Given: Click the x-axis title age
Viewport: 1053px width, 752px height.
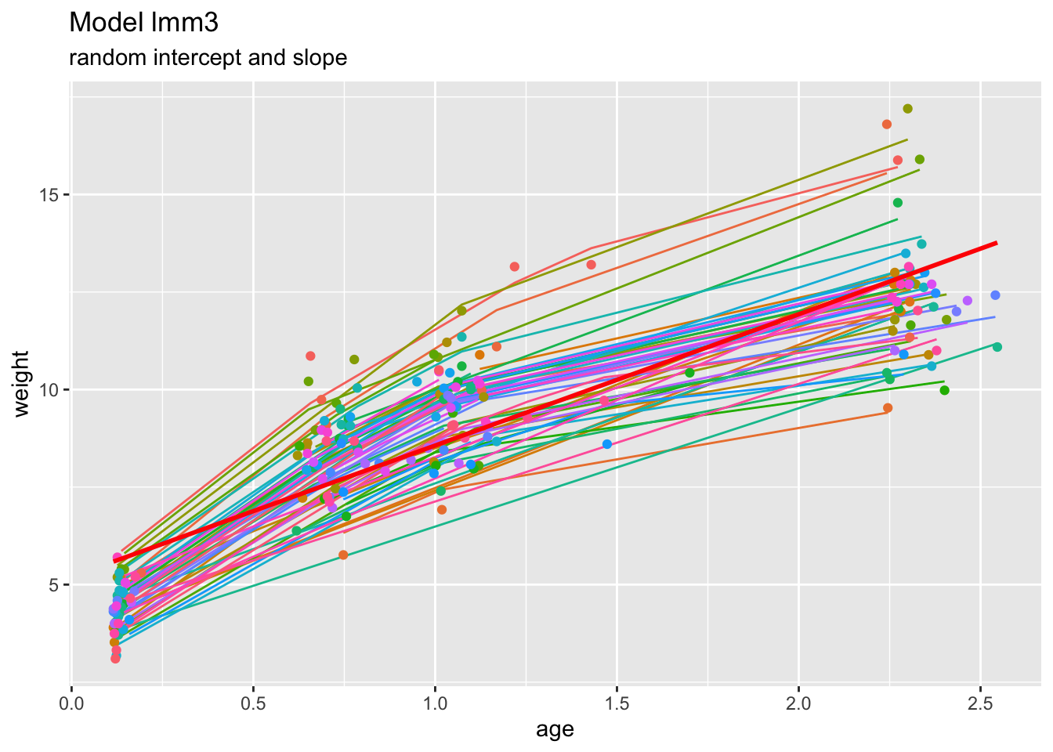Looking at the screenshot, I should click(x=555, y=730).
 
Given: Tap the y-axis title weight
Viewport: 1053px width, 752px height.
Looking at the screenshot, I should click(x=22, y=384).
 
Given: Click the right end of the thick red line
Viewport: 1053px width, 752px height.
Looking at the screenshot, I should click(x=996, y=243).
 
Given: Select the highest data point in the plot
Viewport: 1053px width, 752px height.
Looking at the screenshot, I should click(x=907, y=109).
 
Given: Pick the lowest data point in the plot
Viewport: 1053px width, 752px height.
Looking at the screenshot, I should click(x=115, y=658).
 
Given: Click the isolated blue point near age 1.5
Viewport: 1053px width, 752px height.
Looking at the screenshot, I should click(x=607, y=444).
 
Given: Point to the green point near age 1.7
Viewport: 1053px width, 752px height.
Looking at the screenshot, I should click(x=689, y=372).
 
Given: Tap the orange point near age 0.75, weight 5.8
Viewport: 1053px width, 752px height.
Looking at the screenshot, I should click(x=343, y=555).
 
